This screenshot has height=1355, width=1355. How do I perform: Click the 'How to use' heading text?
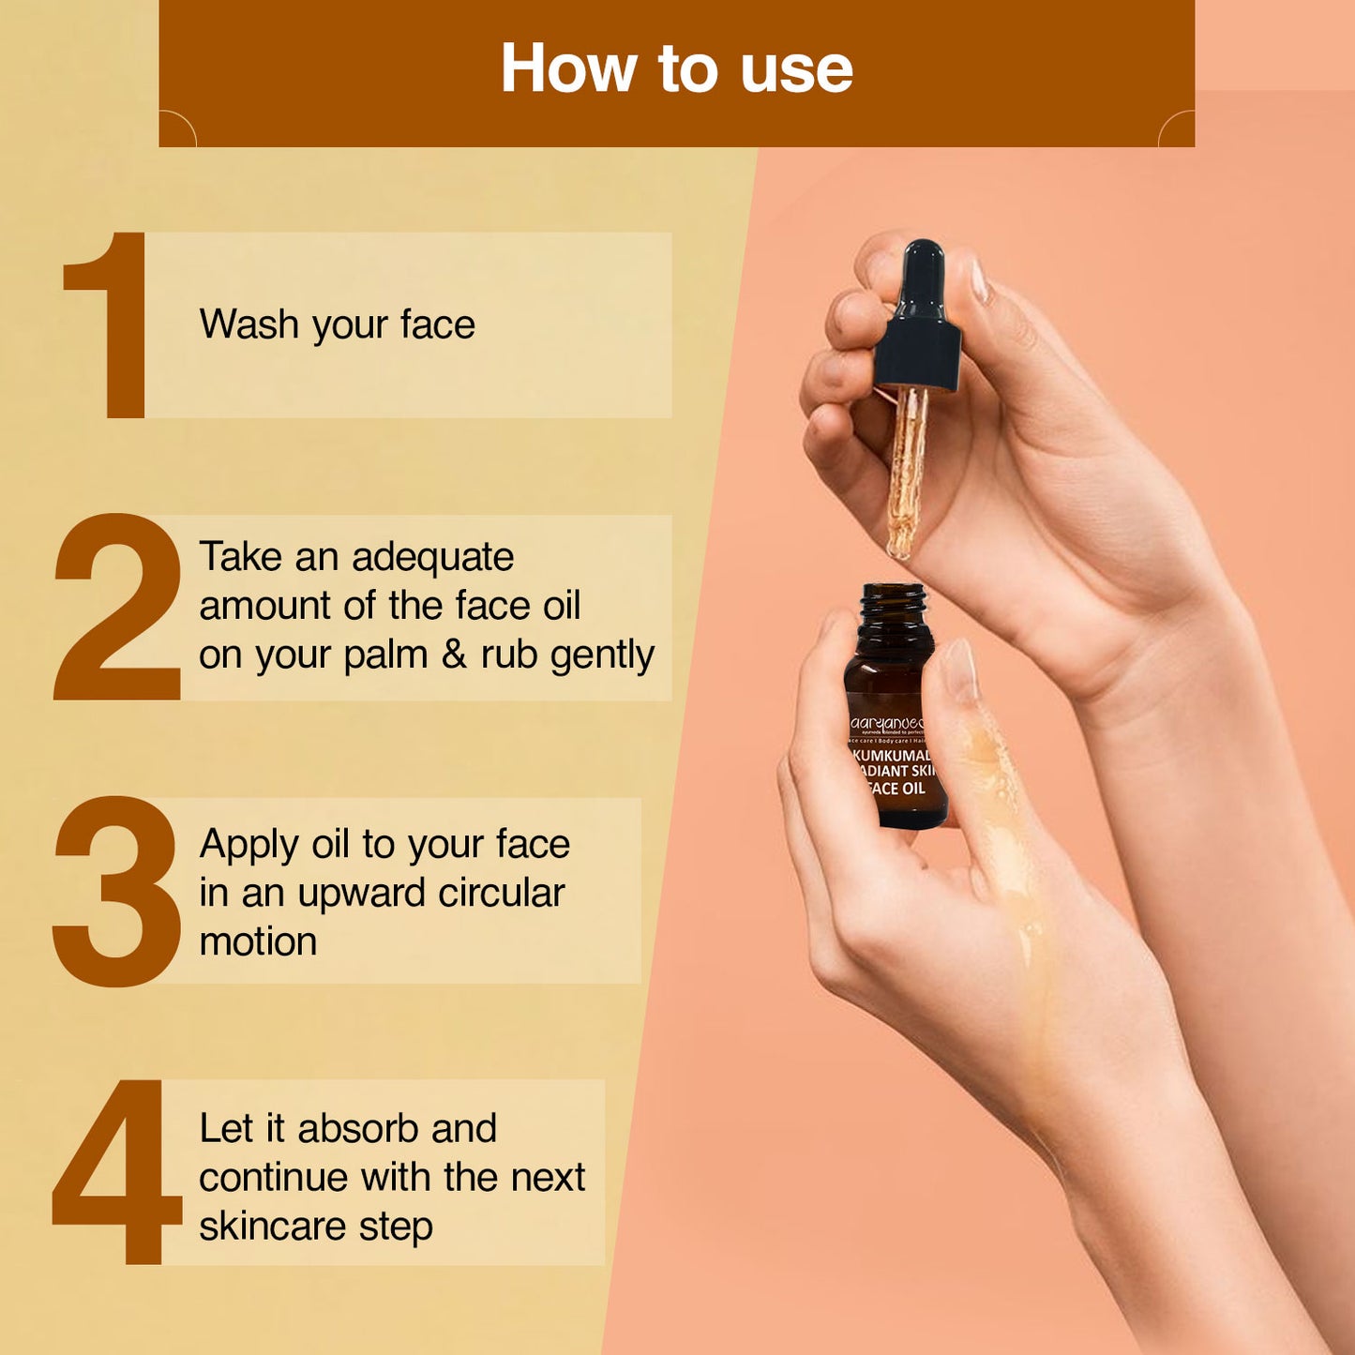pos(676,69)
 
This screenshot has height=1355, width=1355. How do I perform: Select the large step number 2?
pos(118,608)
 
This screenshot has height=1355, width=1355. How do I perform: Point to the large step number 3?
pos(117,891)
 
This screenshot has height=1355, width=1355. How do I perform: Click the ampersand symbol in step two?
pos(454,655)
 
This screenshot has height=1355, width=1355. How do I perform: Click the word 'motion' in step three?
pos(258,941)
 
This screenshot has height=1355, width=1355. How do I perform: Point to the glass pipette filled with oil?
pos(906,469)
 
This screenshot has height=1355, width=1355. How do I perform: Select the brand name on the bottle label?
pos(887,724)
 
